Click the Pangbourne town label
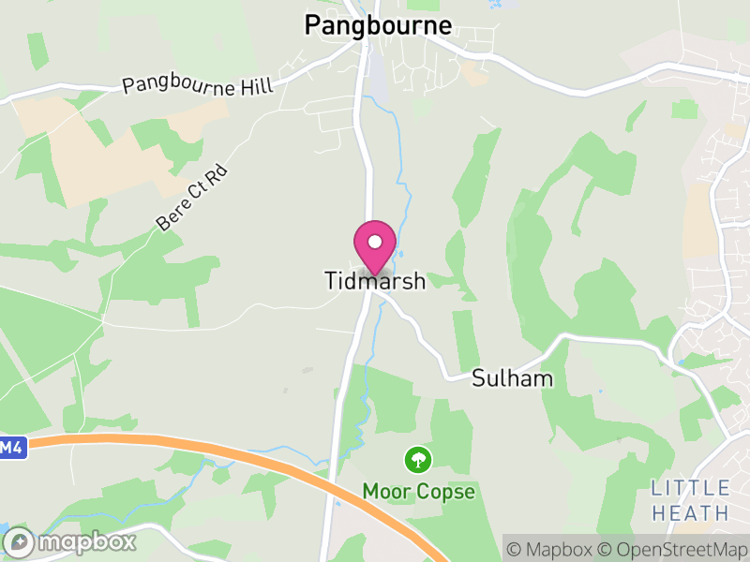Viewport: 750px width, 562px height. [378, 25]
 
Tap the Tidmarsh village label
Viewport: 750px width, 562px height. [375, 281]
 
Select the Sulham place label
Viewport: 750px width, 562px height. [512, 378]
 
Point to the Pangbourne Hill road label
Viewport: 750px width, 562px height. [198, 86]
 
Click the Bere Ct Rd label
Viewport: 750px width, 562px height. [192, 200]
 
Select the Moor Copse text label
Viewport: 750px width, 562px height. [418, 491]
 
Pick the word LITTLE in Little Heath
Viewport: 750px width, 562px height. [691, 488]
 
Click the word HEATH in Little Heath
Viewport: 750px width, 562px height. [691, 512]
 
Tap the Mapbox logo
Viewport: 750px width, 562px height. [71, 541]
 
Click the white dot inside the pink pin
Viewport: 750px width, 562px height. [375, 242]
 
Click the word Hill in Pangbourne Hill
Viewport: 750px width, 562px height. [255, 87]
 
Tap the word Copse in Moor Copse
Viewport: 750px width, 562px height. [446, 491]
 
